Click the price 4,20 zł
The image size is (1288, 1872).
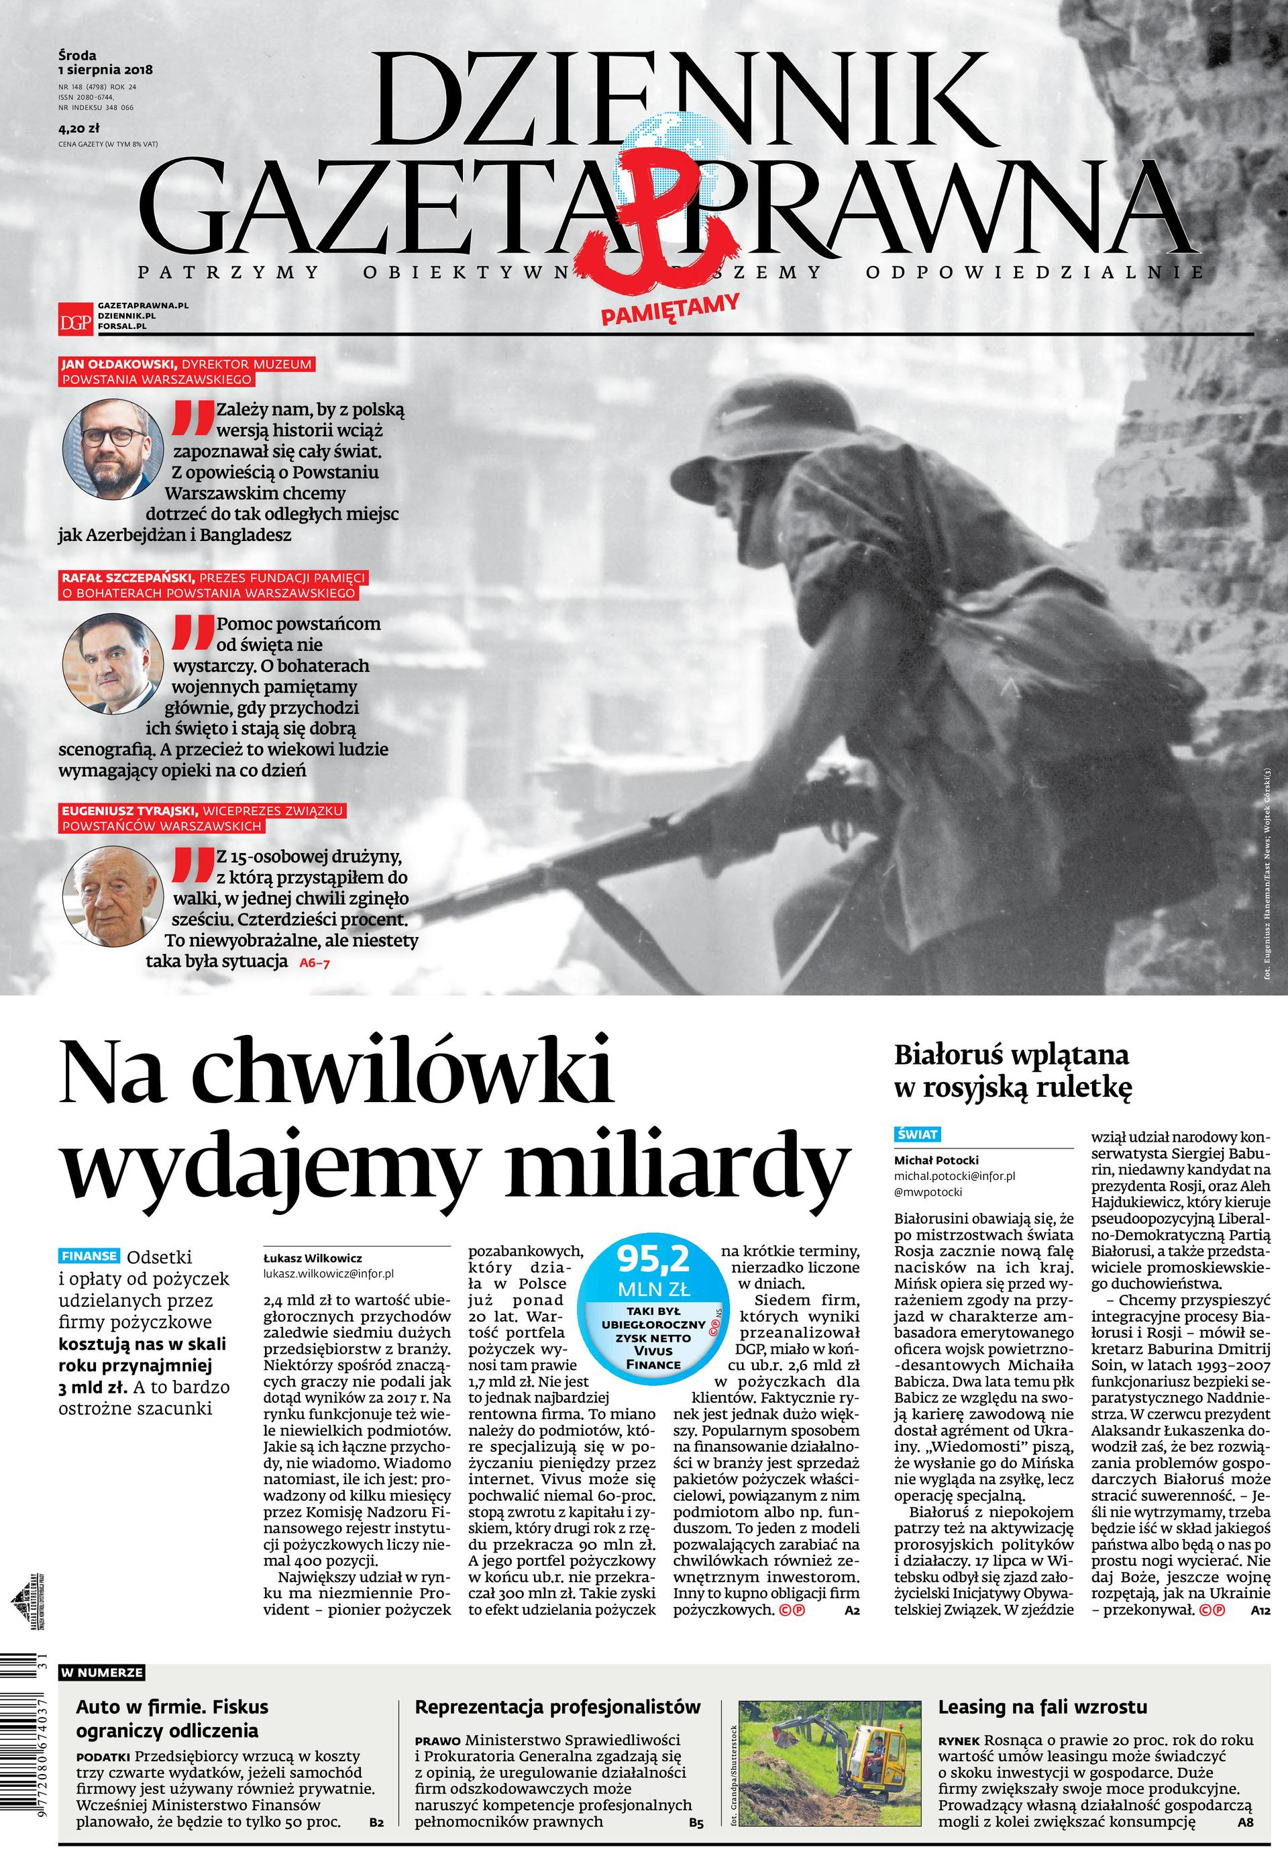click(78, 127)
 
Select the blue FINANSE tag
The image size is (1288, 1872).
click(89, 1256)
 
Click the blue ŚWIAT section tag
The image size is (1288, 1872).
click(918, 1134)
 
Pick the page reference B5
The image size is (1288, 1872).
click(696, 1822)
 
